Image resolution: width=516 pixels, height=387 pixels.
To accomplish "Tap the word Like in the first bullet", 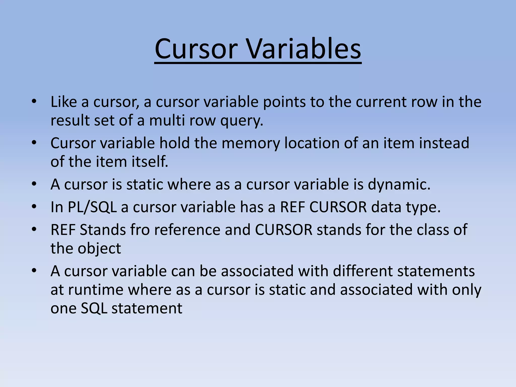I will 64,102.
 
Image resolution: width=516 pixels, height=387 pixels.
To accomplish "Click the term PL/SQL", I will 92,207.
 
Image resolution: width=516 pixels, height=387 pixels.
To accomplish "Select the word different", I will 363,271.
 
